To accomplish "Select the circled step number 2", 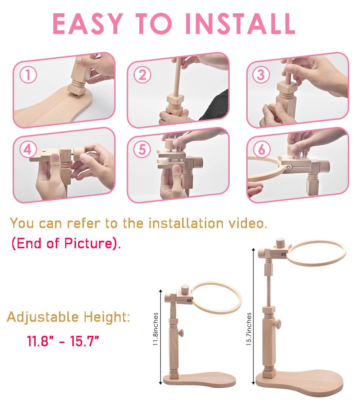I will pos(143,75).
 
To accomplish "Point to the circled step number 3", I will pos(261,75).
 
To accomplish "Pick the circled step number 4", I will pos(27,149).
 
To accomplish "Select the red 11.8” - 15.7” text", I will pos(63,341).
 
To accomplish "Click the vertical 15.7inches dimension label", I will pos(249,329).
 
